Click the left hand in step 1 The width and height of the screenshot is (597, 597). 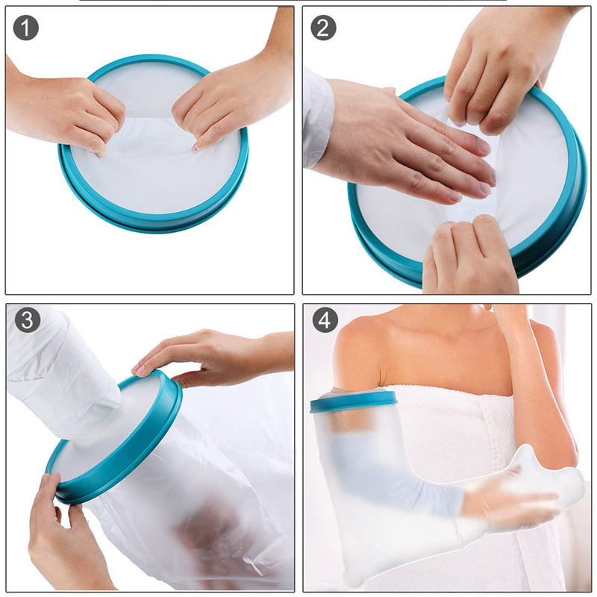click(x=71, y=112)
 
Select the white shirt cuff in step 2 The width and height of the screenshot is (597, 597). click(x=316, y=116)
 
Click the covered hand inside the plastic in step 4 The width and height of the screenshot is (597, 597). click(x=515, y=496)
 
